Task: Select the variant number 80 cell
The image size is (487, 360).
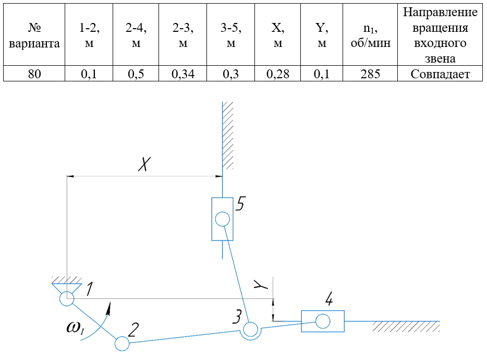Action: (x=34, y=74)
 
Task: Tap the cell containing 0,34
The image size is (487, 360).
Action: (x=182, y=74)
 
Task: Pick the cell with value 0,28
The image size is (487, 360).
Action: (x=277, y=74)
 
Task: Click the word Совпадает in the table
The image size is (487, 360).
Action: (x=440, y=74)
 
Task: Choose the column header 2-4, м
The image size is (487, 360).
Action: (x=136, y=35)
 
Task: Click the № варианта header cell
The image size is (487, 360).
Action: (x=34, y=35)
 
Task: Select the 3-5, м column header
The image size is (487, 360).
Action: (x=230, y=35)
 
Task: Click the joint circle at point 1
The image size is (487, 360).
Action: (x=67, y=299)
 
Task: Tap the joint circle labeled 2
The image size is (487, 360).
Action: (x=121, y=343)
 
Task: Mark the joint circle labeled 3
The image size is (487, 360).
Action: (x=250, y=329)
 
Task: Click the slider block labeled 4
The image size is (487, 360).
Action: (x=323, y=321)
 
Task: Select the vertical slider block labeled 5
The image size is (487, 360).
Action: (x=222, y=219)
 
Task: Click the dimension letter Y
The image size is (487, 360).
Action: (x=260, y=285)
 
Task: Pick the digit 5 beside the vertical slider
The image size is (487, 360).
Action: (x=240, y=203)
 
